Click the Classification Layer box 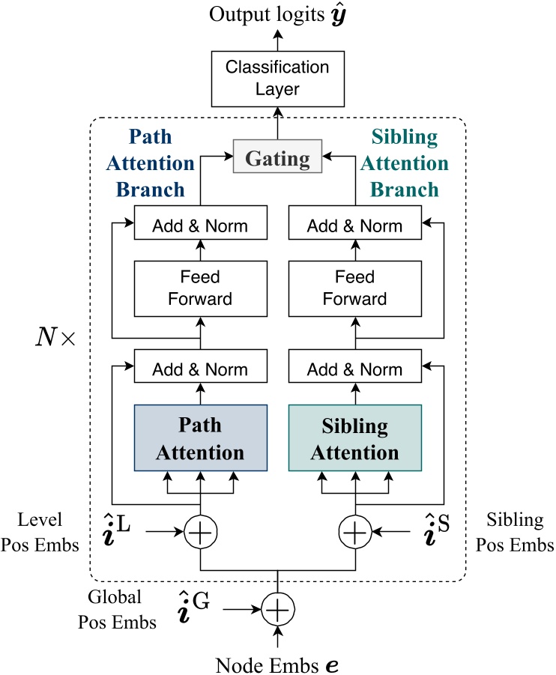(278, 79)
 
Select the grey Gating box (278, 159)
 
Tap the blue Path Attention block (200, 438)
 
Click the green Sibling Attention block (355, 438)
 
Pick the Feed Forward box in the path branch (200, 288)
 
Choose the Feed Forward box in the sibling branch (355, 288)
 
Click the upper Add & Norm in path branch (200, 225)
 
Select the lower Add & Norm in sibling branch (355, 369)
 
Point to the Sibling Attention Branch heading (399, 163)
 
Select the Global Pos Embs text (124, 611)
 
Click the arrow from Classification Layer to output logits (278, 40)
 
